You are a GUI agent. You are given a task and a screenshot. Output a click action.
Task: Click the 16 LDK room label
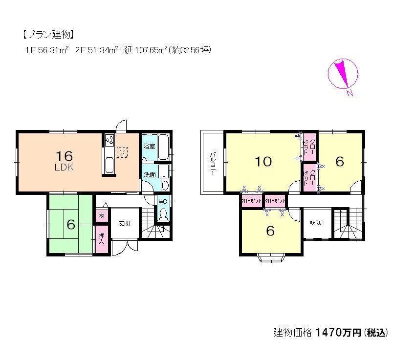[x=64, y=160]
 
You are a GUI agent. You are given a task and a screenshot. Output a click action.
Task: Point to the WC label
[x=162, y=200]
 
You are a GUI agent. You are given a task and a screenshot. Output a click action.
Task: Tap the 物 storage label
[x=101, y=215]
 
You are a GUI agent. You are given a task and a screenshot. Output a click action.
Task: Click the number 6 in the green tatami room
[x=71, y=224]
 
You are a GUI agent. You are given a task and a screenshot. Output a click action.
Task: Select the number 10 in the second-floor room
[x=263, y=162]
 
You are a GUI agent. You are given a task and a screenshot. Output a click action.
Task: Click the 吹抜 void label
[x=316, y=223]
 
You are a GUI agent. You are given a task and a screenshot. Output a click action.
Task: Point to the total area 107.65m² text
[x=147, y=50]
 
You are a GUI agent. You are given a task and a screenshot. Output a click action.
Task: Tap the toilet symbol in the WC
[x=163, y=215]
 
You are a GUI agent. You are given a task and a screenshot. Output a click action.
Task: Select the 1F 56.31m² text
[x=47, y=50]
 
